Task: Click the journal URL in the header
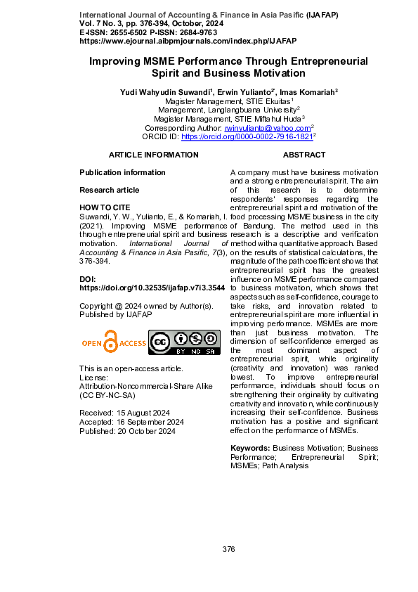click(x=169, y=41)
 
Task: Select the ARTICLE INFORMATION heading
click(x=153, y=155)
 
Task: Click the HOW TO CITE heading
click(x=105, y=207)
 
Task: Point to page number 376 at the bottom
click(x=228, y=549)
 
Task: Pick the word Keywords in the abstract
click(x=250, y=448)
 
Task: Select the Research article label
click(x=110, y=190)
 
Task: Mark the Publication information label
click(x=123, y=172)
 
